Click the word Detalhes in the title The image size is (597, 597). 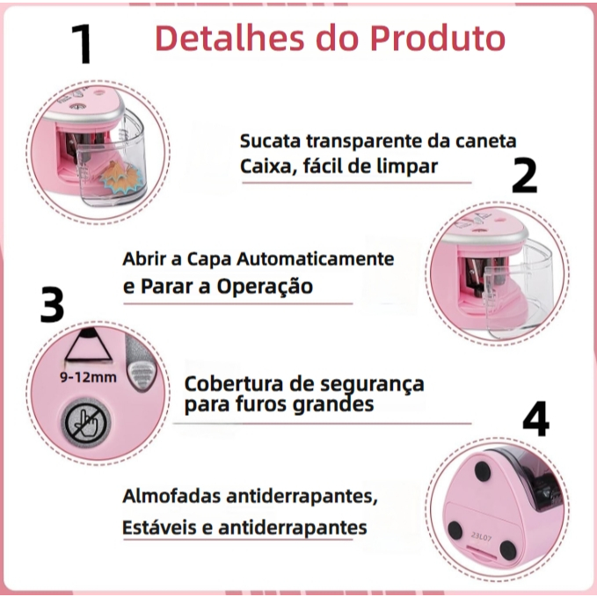[x=230, y=38]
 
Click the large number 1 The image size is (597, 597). [x=82, y=44]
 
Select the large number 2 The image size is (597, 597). [x=524, y=175]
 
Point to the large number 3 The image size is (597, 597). [x=52, y=305]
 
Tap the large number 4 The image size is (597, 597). [x=535, y=419]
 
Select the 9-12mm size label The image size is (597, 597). [x=88, y=377]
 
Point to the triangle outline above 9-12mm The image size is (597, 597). [x=88, y=345]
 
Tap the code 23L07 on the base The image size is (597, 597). [x=481, y=536]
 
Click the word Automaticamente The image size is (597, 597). [x=316, y=258]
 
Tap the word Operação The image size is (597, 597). [x=265, y=286]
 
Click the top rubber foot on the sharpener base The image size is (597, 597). [x=482, y=469]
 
